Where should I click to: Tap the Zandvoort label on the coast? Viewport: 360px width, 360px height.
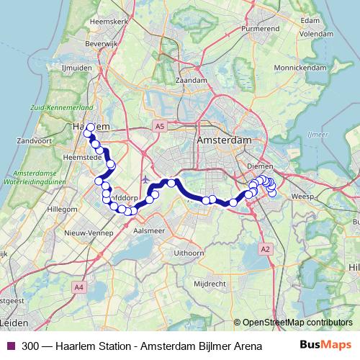tap(31, 140)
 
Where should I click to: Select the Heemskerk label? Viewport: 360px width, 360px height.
tap(109, 22)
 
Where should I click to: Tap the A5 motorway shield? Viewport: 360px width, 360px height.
tap(158, 126)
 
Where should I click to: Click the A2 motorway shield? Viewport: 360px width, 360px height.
tap(266, 248)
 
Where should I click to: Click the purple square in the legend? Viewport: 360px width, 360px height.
tap(11, 345)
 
